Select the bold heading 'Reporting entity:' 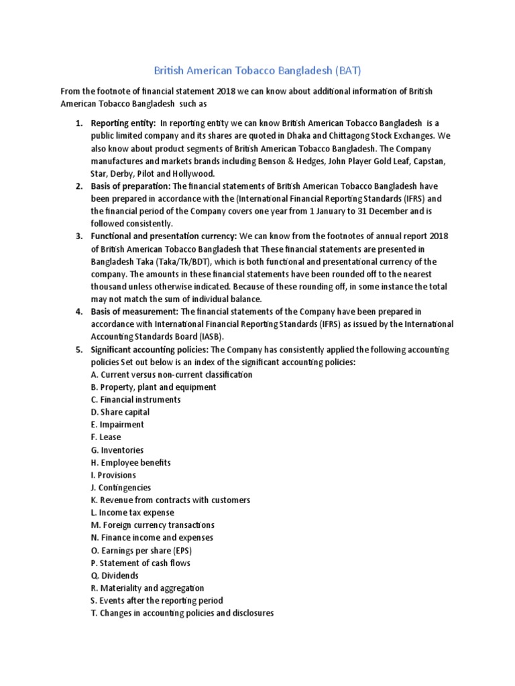coord(123,123)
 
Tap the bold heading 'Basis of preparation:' coord(131,186)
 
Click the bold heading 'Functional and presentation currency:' coord(164,236)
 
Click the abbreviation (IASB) coord(205,337)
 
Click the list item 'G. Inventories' coord(117,450)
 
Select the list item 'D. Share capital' coord(121,412)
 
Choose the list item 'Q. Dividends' coord(115,575)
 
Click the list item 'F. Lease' coord(107,437)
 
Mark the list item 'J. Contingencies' coord(121,488)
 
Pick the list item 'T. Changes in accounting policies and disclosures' coord(182,613)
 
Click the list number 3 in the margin coord(78,236)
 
